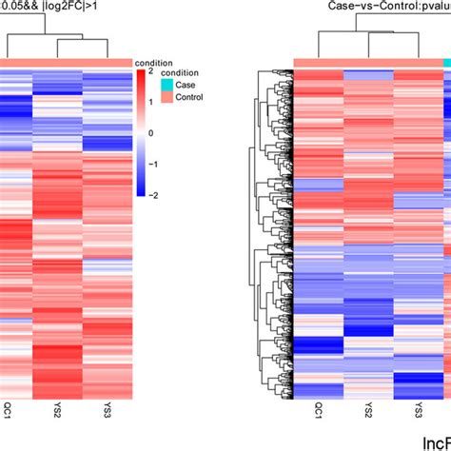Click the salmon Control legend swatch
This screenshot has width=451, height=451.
point(167,96)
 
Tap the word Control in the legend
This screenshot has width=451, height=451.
point(194,96)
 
